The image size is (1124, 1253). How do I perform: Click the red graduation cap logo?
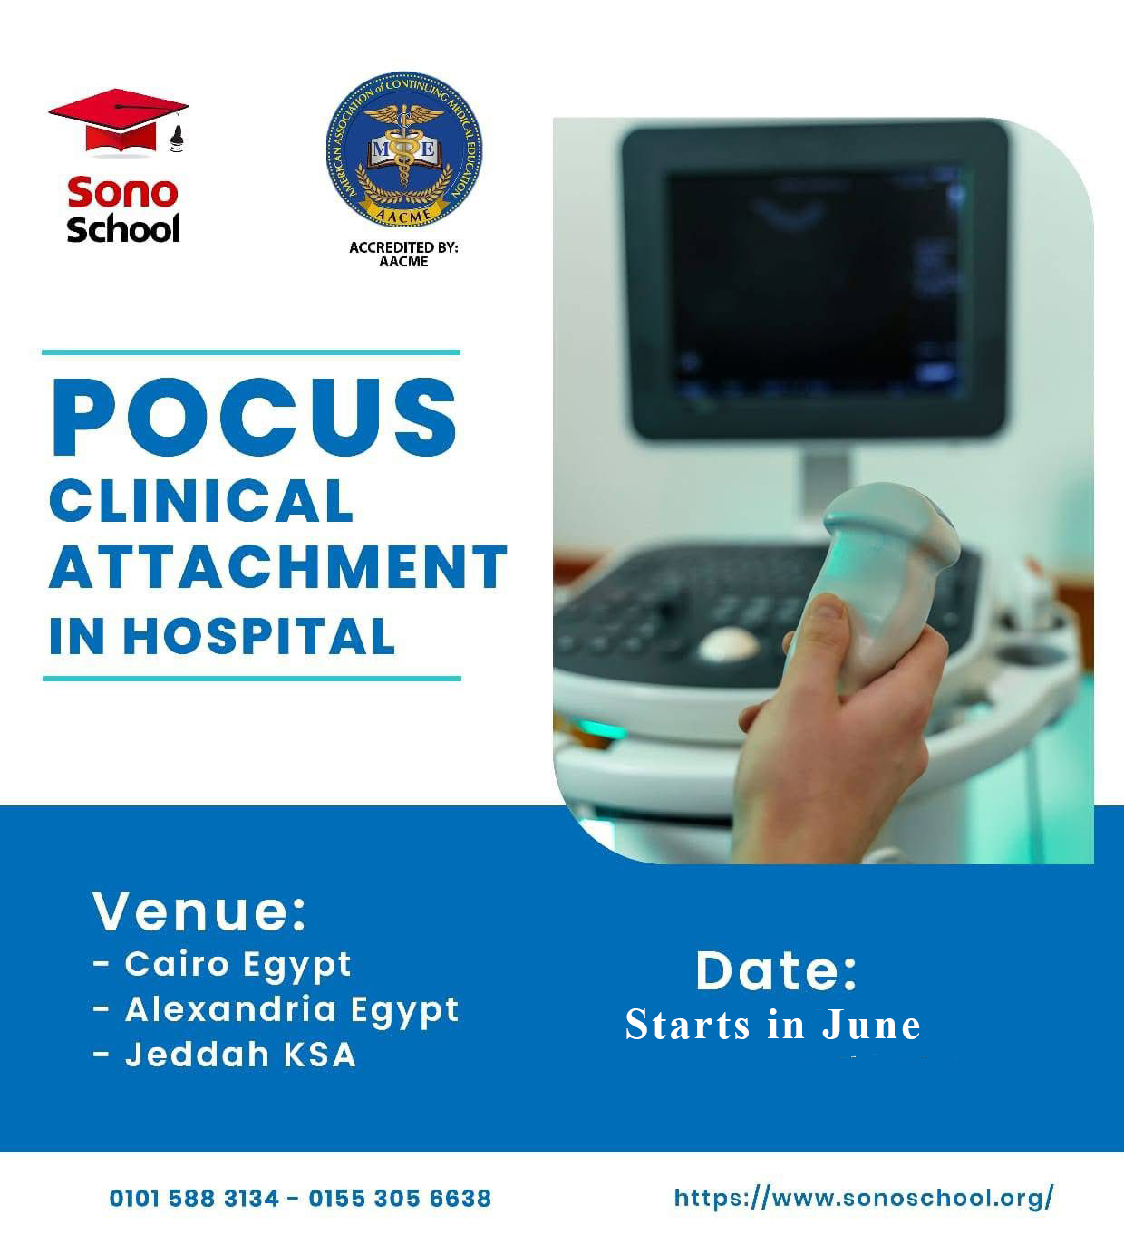pos(118,121)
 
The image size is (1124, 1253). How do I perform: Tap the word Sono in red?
pos(122,192)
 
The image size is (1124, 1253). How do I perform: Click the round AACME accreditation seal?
pos(404,149)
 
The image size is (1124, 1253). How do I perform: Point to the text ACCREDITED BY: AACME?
pos(403,255)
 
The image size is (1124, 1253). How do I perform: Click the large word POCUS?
pos(255,418)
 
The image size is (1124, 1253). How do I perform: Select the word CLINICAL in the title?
pos(201,501)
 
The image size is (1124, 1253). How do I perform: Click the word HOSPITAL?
pos(258,636)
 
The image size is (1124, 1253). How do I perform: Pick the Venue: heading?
pos(199,911)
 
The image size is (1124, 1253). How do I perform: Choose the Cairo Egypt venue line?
pos(222,966)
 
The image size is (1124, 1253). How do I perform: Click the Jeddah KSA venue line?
pos(225,1055)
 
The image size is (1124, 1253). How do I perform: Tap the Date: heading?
pos(777,971)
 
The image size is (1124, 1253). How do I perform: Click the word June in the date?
pos(871,1026)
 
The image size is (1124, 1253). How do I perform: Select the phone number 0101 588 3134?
pos(194,1199)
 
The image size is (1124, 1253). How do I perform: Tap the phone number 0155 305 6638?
pos(400,1199)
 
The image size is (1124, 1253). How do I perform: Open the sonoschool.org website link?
pos(864,1198)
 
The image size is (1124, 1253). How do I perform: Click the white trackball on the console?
pos(729,644)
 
